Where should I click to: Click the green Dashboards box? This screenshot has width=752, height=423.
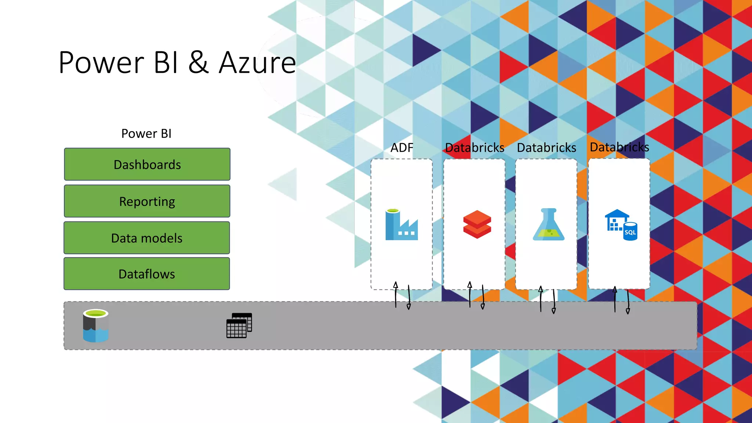click(x=147, y=164)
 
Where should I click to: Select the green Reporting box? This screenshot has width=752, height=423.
click(x=147, y=201)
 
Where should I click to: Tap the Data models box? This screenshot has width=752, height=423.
click(x=147, y=238)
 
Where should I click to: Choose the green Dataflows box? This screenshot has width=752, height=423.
click(x=147, y=274)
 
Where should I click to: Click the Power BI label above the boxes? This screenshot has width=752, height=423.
click(x=146, y=134)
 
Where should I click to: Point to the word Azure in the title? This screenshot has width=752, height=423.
click(x=257, y=63)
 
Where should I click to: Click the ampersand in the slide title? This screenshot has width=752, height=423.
click(x=199, y=63)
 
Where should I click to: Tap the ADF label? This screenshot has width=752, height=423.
click(x=402, y=148)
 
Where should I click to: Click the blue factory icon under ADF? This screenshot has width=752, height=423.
click(x=401, y=224)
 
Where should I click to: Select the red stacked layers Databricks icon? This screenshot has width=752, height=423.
click(x=477, y=224)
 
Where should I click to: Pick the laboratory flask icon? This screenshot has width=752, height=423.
click(x=549, y=224)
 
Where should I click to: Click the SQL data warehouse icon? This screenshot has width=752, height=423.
click(x=621, y=225)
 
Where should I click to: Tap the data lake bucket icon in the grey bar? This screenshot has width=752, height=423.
click(x=95, y=325)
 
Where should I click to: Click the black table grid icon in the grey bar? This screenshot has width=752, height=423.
click(x=239, y=325)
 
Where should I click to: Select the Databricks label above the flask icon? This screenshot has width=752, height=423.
click(x=546, y=148)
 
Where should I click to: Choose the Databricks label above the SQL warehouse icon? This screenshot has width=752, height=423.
click(x=619, y=147)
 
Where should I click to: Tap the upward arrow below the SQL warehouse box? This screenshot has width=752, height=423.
click(x=615, y=299)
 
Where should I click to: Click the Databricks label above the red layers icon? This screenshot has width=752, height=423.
click(x=474, y=148)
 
